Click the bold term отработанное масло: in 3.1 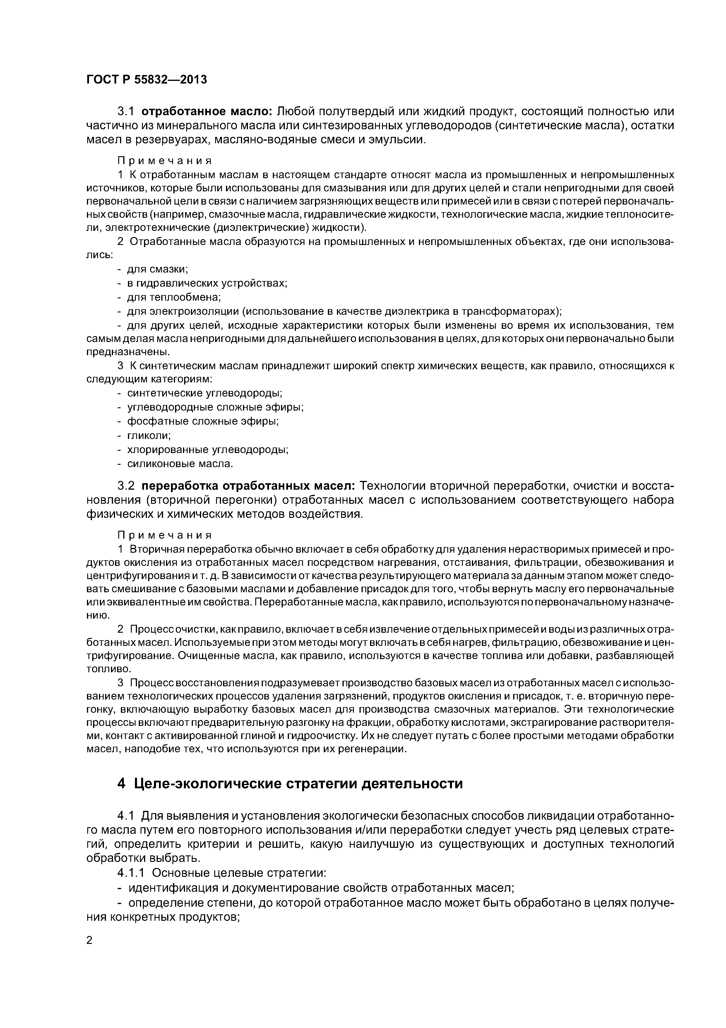click(x=208, y=111)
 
